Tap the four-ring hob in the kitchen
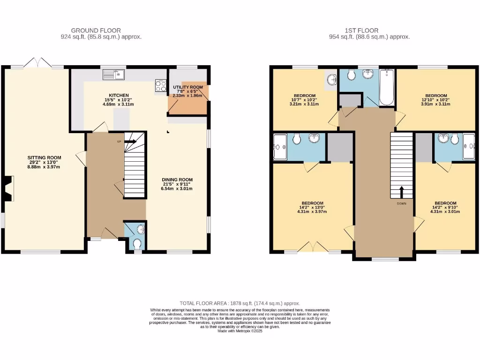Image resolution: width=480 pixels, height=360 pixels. click(x=161, y=86)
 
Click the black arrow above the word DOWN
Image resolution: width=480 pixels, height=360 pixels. click(x=402, y=192)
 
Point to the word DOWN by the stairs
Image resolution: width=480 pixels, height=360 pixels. click(x=402, y=203)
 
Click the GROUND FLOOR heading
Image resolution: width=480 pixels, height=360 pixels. click(x=101, y=30)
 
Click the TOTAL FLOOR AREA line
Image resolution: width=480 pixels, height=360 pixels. click(x=240, y=304)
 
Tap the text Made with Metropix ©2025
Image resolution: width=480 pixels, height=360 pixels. click(x=240, y=331)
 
